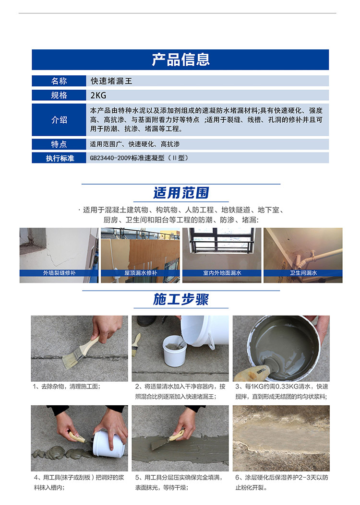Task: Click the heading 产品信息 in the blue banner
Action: click(180, 59)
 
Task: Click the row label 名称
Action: click(59, 81)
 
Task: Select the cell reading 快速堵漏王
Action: click(111, 81)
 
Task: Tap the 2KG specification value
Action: click(98, 95)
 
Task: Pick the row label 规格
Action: click(59, 95)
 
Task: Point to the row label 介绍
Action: click(59, 120)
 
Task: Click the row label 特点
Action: click(59, 144)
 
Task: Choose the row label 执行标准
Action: click(60, 158)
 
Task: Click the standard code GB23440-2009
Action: click(110, 158)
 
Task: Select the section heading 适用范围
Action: click(181, 193)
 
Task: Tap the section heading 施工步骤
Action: click(181, 299)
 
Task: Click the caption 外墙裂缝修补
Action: click(60, 273)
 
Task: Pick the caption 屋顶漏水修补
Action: click(141, 273)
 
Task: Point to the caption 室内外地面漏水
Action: click(222, 273)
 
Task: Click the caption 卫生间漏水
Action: click(303, 273)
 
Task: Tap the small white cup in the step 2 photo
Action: click(174, 351)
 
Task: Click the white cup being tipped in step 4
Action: click(109, 444)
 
